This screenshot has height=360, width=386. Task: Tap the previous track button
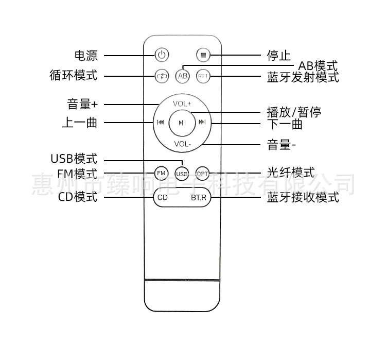tap(161, 123)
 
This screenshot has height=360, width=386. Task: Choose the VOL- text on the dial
tap(182, 144)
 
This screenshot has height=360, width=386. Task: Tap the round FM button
tap(161, 173)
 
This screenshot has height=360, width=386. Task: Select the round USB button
tap(182, 174)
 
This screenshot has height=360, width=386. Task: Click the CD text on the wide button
tap(163, 197)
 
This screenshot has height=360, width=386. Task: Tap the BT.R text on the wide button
tap(198, 197)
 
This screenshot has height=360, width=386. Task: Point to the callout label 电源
tap(85, 55)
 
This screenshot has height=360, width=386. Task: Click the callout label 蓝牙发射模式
tap(303, 78)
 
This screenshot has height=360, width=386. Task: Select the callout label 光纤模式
tap(290, 173)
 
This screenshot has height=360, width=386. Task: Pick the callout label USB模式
tap(74, 159)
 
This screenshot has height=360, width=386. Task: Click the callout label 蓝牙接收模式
tap(303, 197)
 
